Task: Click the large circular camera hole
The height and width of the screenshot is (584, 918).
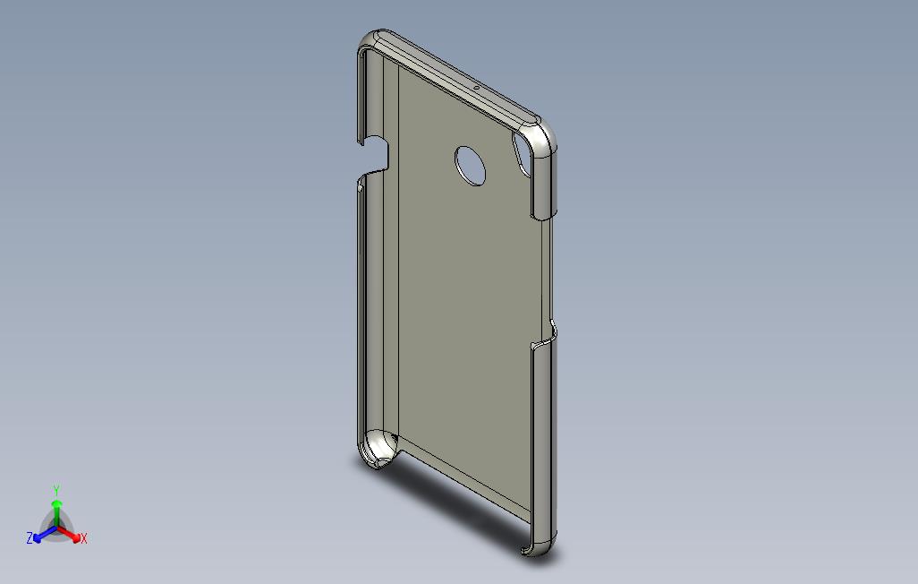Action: coord(470,166)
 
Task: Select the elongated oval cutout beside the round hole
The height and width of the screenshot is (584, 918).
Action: coord(522,154)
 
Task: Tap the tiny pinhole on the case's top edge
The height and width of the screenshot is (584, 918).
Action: coord(476,89)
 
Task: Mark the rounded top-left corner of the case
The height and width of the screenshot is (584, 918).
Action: coord(372,41)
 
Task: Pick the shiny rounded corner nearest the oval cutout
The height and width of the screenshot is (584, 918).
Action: coord(541,137)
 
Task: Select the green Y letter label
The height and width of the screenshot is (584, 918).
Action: coord(56,490)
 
